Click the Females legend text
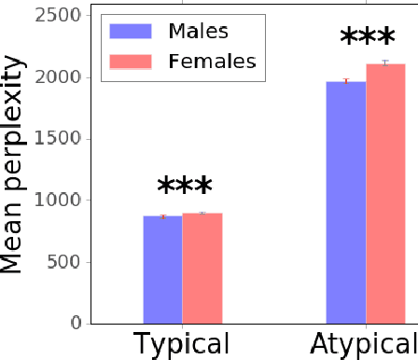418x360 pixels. [x=210, y=62]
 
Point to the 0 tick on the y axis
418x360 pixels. [x=76, y=323]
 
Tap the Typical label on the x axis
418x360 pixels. [x=182, y=344]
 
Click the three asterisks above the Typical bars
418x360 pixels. [x=184, y=187]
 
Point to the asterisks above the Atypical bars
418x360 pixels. [x=367, y=39]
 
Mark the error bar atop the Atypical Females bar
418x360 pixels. [x=385, y=63]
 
